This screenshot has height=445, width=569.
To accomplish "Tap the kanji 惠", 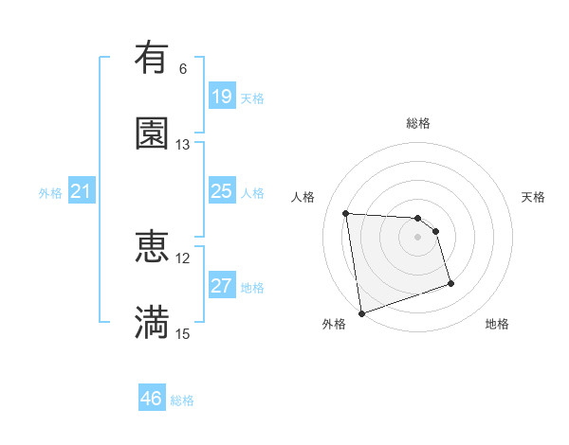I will (152, 246).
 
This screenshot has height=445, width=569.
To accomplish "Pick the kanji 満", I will (152, 321).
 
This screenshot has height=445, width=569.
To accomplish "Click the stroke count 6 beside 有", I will (183, 69).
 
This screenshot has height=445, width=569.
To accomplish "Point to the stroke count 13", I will (183, 144).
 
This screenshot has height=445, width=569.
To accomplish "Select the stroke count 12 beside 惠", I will (183, 258).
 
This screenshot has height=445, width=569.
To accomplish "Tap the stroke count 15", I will (183, 333).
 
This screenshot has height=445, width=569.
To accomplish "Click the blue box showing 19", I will (221, 96).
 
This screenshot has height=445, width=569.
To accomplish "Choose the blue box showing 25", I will (221, 191).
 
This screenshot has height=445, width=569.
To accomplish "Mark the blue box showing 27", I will (221, 286).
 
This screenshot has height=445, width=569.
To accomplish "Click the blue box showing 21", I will (81, 192).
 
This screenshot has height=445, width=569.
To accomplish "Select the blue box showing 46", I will (152, 399).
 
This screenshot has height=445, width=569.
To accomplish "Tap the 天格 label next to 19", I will (252, 98).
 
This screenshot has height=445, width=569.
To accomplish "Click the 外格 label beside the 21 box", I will (50, 193).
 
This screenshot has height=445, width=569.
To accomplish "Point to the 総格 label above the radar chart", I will (418, 123).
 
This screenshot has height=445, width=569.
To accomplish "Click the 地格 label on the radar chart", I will (497, 324).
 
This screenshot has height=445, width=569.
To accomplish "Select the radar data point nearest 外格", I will (360, 312).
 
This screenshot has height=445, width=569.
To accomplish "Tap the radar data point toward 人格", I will (346, 213).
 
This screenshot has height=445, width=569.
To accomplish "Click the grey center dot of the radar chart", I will (418, 237).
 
